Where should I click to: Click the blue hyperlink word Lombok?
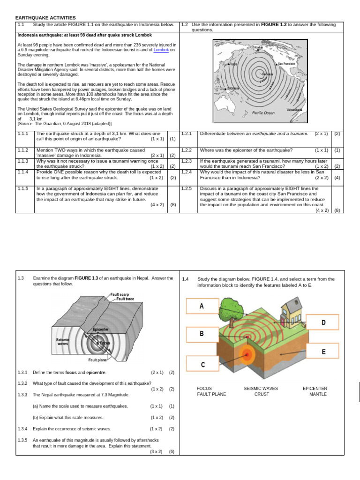161,49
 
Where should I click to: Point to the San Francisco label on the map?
286,64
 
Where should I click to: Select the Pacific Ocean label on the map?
263,113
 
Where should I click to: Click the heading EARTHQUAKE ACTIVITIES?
45,17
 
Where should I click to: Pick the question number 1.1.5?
23,188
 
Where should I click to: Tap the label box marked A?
202,306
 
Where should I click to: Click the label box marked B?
202,334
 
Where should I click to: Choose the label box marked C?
202,364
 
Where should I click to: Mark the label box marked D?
323,322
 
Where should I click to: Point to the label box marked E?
323,352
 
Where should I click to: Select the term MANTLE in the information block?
318,394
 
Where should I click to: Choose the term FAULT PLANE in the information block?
211,394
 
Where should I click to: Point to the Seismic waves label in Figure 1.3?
62,342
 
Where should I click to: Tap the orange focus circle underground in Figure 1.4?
247,354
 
